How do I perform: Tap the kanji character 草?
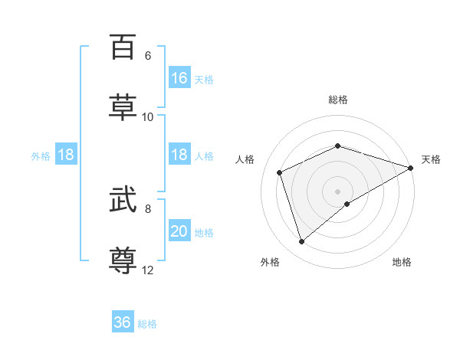123,106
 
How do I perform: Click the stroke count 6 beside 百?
148,56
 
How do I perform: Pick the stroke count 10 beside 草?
148,117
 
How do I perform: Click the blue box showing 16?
179,78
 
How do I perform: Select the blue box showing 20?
179,231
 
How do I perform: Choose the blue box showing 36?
123,322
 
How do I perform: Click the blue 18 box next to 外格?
66,155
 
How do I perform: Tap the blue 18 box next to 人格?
179,155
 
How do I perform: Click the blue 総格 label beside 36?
147,324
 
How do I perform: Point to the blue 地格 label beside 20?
204,233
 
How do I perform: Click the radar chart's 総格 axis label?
338,100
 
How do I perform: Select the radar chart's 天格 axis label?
431,159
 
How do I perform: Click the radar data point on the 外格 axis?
301,242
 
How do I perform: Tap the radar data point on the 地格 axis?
347,204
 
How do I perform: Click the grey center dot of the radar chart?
338,191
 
